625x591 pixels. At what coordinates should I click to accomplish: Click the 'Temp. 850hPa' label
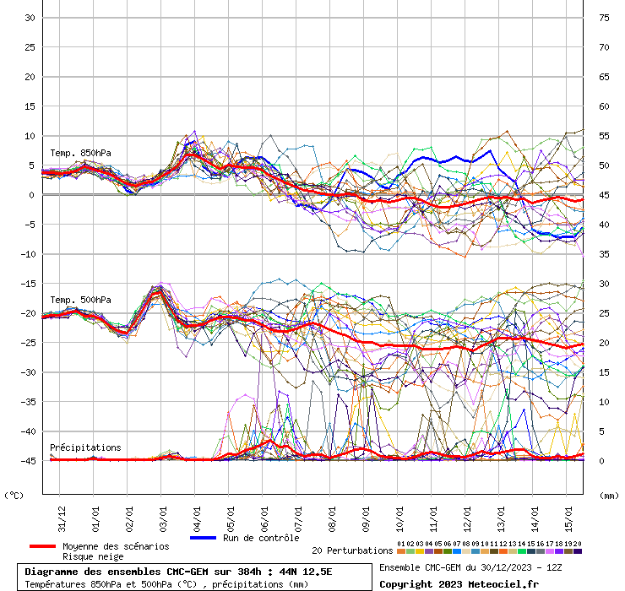pyautogui.click(x=80, y=153)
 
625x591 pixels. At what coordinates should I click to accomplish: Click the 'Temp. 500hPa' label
pyautogui.click(x=80, y=300)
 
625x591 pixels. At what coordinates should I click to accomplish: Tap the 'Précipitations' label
pyautogui.click(x=85, y=447)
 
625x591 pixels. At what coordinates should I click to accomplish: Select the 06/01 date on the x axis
pyautogui.click(x=264, y=515)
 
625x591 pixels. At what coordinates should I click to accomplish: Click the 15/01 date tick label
pyautogui.click(x=568, y=515)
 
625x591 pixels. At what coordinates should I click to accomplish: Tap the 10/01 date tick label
pyautogui.click(x=399, y=515)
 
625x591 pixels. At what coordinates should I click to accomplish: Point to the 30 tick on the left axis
pyautogui.click(x=29, y=18)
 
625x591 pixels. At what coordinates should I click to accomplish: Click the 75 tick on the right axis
pyautogui.click(x=604, y=18)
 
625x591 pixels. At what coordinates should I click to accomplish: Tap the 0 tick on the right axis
pyautogui.click(x=601, y=461)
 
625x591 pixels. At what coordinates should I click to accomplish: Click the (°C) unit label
pyautogui.click(x=14, y=495)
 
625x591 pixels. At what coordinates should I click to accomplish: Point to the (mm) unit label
pyautogui.click(x=609, y=495)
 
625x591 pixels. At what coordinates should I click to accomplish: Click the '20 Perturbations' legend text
pyautogui.click(x=352, y=550)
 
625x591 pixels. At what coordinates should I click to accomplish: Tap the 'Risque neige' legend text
pyautogui.click(x=94, y=557)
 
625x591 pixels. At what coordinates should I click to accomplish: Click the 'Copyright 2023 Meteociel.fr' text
pyautogui.click(x=460, y=584)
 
